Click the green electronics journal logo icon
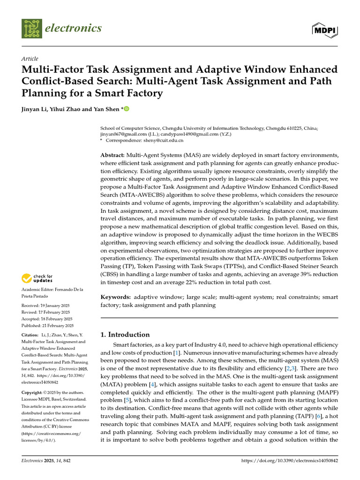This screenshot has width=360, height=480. click(31, 29)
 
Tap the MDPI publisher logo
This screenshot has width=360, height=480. click(324, 29)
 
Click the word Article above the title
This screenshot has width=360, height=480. click(30, 59)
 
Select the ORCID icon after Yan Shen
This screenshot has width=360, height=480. click(126, 109)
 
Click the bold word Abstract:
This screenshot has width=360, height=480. click(112, 155)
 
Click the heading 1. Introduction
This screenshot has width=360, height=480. click(125, 334)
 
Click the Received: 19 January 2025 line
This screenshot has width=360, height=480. click(45, 305)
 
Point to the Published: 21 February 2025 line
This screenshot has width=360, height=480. click(47, 325)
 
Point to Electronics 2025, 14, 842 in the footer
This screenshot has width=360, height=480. click(46, 461)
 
